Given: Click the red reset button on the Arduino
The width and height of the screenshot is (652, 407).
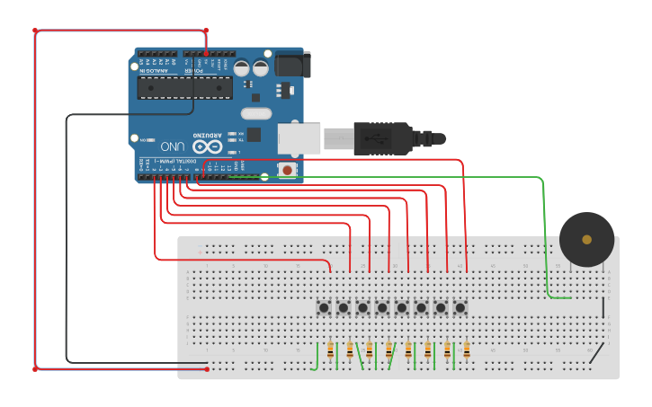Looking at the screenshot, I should point(287,169).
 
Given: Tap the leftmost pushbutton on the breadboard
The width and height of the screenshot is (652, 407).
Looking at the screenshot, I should point(324,308).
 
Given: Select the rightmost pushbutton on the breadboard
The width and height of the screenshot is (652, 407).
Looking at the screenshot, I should point(460,308).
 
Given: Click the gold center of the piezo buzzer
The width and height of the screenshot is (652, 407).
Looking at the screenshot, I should point(586,239).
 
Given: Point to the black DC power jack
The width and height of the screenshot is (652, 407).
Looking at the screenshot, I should point(291,63).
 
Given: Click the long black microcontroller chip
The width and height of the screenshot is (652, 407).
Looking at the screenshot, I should point(184,87).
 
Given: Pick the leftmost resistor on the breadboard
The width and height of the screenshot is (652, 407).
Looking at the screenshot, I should point(330,351).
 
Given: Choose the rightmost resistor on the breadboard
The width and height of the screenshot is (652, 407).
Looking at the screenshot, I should point(467,351).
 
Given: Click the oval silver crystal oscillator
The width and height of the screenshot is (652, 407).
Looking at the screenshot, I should point(255,113).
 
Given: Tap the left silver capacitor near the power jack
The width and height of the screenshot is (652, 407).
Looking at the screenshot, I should point(242,67).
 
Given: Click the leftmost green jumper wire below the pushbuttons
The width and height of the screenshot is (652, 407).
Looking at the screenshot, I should point(315,357).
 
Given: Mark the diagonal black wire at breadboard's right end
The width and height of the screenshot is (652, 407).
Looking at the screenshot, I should point(596,351).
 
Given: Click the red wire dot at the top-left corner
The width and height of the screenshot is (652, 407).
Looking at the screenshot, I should point(36,31).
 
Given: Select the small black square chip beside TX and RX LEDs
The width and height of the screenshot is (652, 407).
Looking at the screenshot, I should point(254,135).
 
